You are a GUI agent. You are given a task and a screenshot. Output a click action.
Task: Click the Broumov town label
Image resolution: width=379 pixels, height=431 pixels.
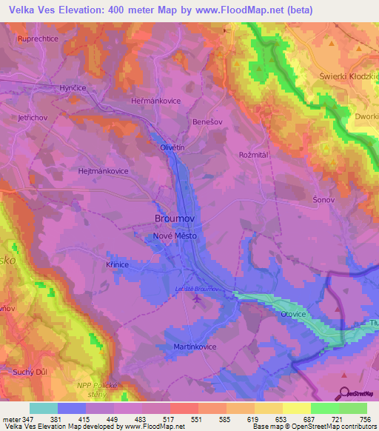(177, 218)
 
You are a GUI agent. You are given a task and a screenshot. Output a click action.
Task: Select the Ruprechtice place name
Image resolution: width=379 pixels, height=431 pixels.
(38, 38)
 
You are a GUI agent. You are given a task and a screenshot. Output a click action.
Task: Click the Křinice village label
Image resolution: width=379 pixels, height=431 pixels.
(117, 265)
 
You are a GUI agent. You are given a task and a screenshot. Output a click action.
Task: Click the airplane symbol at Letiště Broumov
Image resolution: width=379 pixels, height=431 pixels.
(197, 299)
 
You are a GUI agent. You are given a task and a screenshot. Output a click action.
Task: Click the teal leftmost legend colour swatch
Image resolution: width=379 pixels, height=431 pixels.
(44, 408)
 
